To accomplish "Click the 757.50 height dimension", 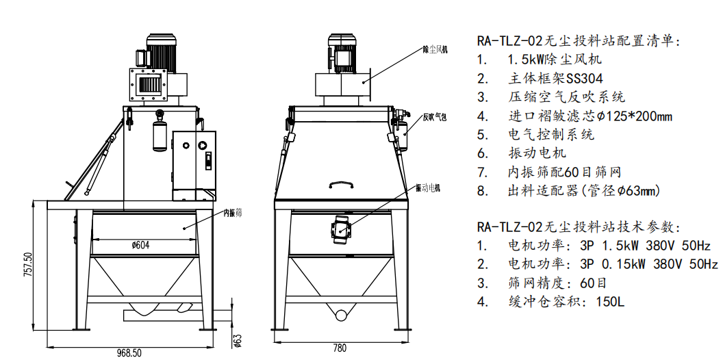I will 28,265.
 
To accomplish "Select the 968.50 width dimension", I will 129,353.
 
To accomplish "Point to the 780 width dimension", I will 340,348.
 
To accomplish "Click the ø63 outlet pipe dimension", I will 238,339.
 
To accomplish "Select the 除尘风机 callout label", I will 435,50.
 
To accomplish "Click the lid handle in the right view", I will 340,184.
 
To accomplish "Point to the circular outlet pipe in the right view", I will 340,313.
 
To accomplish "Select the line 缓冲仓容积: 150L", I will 551,302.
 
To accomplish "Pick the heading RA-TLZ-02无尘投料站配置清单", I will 579,41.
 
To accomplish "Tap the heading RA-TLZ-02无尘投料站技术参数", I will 579,227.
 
